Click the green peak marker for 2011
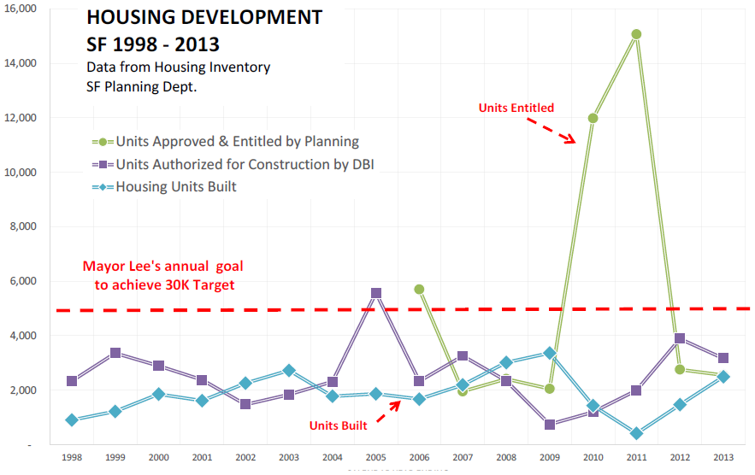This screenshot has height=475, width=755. click(636, 34)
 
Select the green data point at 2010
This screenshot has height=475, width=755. click(593, 118)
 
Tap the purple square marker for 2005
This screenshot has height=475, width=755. click(376, 293)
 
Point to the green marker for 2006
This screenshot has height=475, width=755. click(419, 290)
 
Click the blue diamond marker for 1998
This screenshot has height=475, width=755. click(72, 420)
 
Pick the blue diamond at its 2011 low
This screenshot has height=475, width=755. click(636, 433)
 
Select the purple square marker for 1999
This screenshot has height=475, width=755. click(115, 353)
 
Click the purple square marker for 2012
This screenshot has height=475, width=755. click(680, 338)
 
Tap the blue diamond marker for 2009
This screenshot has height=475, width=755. click(550, 353)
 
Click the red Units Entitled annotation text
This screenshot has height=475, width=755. click(516, 108)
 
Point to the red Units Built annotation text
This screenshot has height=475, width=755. click(339, 424)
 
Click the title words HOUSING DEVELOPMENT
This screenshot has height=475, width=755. click(204, 17)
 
